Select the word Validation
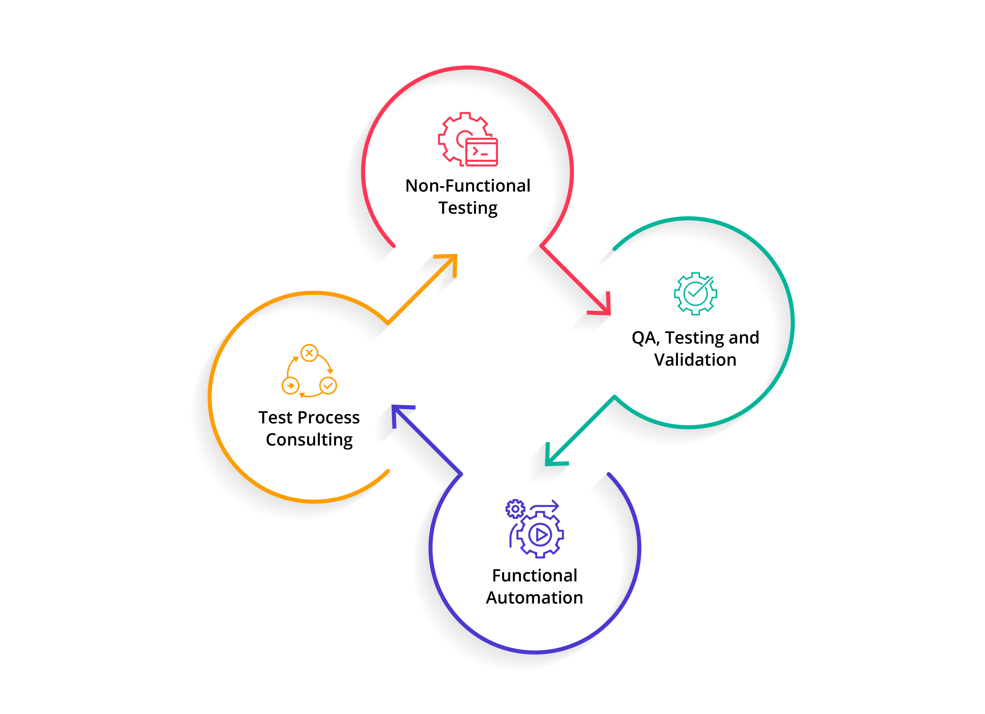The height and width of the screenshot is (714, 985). (x=695, y=360)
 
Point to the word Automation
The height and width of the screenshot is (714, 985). (x=534, y=598)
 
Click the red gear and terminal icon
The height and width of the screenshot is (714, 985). (x=468, y=139)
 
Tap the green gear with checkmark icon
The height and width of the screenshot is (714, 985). (x=695, y=294)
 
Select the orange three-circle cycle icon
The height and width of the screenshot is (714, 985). (x=309, y=371)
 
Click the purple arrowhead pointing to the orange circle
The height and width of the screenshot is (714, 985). (x=400, y=414)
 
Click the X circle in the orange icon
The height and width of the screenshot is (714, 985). (x=309, y=353)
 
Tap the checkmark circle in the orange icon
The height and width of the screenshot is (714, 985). (x=328, y=386)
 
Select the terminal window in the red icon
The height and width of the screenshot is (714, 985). (x=482, y=152)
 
